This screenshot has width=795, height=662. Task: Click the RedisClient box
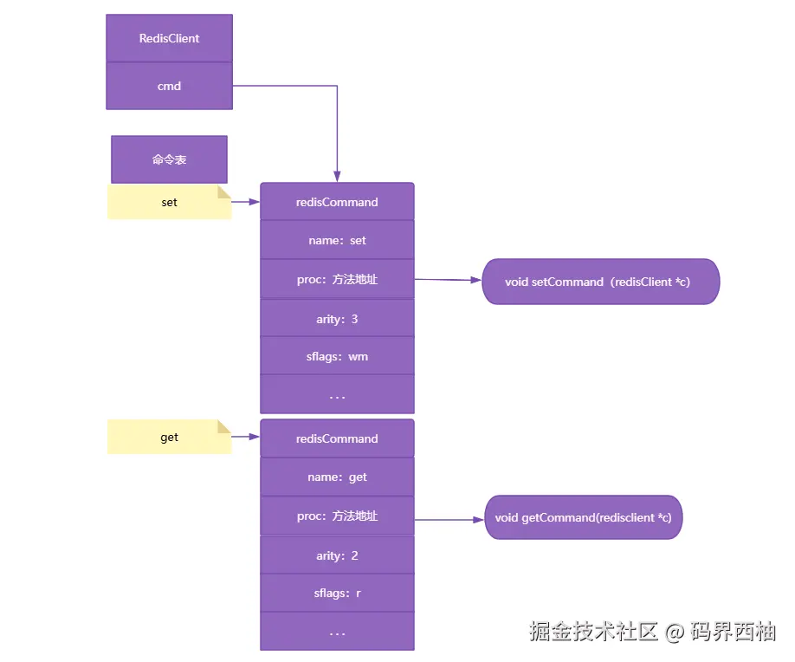click(169, 38)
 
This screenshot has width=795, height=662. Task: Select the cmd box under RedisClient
click(169, 86)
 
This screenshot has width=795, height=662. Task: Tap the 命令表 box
click(169, 159)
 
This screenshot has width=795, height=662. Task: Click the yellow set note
click(169, 202)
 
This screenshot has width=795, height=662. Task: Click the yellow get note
click(169, 437)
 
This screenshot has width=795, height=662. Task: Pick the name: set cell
click(337, 240)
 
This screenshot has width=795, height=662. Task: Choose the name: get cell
click(337, 477)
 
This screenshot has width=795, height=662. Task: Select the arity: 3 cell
click(337, 319)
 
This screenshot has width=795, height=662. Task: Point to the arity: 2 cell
click(337, 555)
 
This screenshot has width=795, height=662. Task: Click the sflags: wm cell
click(337, 356)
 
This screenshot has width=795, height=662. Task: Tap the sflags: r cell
click(337, 594)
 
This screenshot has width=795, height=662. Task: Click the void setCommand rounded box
click(600, 282)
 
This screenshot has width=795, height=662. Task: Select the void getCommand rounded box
click(583, 517)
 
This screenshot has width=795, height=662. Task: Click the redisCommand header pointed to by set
click(337, 202)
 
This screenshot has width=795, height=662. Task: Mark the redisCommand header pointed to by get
click(337, 438)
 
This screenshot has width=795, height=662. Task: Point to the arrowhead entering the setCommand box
click(475, 281)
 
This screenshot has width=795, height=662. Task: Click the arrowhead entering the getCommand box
click(478, 519)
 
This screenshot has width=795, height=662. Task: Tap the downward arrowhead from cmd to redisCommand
click(337, 175)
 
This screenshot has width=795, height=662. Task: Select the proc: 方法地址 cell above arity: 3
click(337, 279)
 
